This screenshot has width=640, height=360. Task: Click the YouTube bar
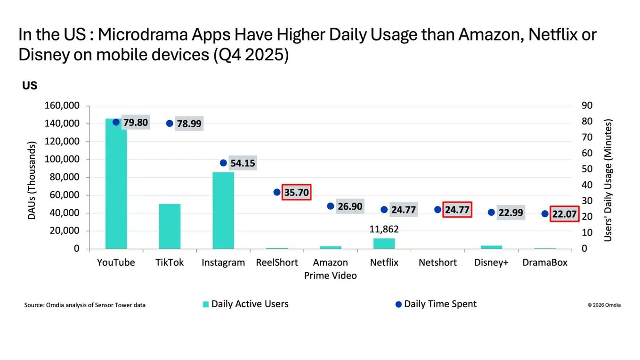coord(116,184)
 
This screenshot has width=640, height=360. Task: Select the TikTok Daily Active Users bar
coord(170,226)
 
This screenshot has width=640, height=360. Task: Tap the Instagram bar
coord(223,210)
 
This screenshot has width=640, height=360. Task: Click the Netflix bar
coord(384,243)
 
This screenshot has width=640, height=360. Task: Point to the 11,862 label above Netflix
coord(384,229)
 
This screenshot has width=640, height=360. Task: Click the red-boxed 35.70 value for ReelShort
coord(297,192)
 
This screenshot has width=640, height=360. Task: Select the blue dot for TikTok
coord(170,123)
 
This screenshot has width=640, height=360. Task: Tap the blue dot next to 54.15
coord(223,163)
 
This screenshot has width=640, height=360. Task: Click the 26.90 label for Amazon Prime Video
coord(350,206)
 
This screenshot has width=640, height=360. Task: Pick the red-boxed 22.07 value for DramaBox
coord(564,213)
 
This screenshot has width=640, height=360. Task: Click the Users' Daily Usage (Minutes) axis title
coord(608,180)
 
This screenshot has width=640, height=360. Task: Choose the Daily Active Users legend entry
coord(245,304)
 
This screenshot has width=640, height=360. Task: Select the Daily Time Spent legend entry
coord(436,304)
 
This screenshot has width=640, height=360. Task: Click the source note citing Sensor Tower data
coord(85,305)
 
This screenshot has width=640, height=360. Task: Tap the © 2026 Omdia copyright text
coord(604,305)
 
